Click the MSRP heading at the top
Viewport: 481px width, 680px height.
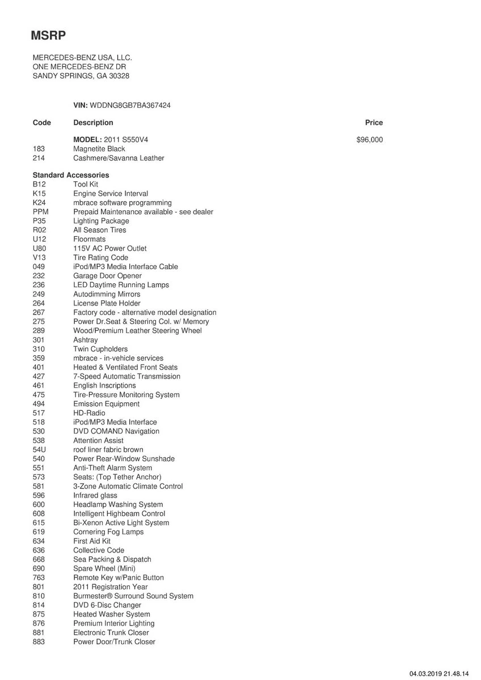click(49, 36)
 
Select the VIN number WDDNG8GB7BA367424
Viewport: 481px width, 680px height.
click(130, 105)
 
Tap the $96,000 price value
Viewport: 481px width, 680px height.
click(369, 139)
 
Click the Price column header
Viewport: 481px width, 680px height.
click(374, 122)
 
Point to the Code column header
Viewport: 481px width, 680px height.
click(42, 122)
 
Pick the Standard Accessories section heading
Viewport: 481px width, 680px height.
click(71, 175)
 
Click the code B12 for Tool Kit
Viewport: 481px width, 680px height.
click(39, 184)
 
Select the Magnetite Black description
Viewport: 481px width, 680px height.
click(99, 148)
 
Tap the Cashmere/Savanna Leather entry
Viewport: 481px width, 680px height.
click(119, 158)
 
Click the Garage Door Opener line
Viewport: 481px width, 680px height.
click(107, 276)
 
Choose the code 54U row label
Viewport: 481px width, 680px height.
click(40, 449)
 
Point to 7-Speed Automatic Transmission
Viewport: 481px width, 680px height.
click(126, 376)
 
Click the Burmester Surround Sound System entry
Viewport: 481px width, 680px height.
click(133, 596)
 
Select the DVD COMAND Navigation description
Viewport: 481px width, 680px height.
click(116, 431)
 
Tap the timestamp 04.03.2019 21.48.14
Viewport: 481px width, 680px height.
click(440, 674)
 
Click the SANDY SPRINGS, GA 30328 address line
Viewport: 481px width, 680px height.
click(85, 76)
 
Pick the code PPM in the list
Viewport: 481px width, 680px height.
click(40, 212)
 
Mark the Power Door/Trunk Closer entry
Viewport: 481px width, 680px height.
click(114, 641)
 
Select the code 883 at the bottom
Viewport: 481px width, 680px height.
click(39, 641)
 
